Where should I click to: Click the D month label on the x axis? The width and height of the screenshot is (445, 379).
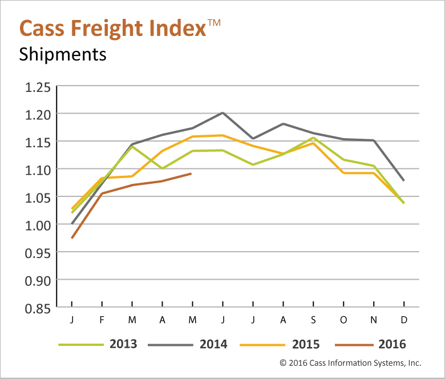pyautogui.click(x=404, y=320)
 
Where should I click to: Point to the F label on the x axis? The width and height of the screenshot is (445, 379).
pyautogui.click(x=102, y=320)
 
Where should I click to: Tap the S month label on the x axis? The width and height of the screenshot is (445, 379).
pyautogui.click(x=313, y=320)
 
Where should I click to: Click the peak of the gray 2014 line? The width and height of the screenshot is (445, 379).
pyautogui.click(x=222, y=112)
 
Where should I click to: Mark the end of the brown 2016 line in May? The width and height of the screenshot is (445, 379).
pyautogui.click(x=192, y=174)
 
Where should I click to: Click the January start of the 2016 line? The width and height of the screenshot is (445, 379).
pyautogui.click(x=72, y=238)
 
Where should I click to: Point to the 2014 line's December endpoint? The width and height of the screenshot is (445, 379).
pyautogui.click(x=404, y=181)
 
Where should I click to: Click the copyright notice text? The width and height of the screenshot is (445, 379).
pyautogui.click(x=350, y=362)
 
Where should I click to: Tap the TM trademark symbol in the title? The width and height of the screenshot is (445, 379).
pyautogui.click(x=213, y=22)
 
